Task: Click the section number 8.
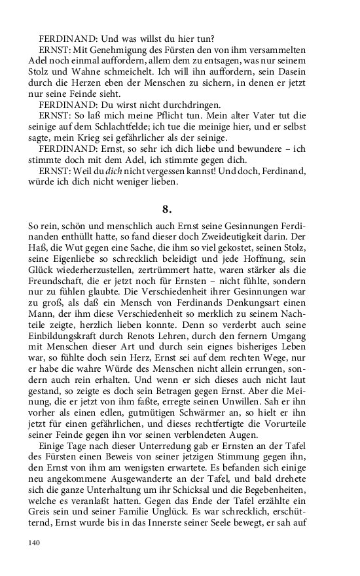point(166,209)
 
